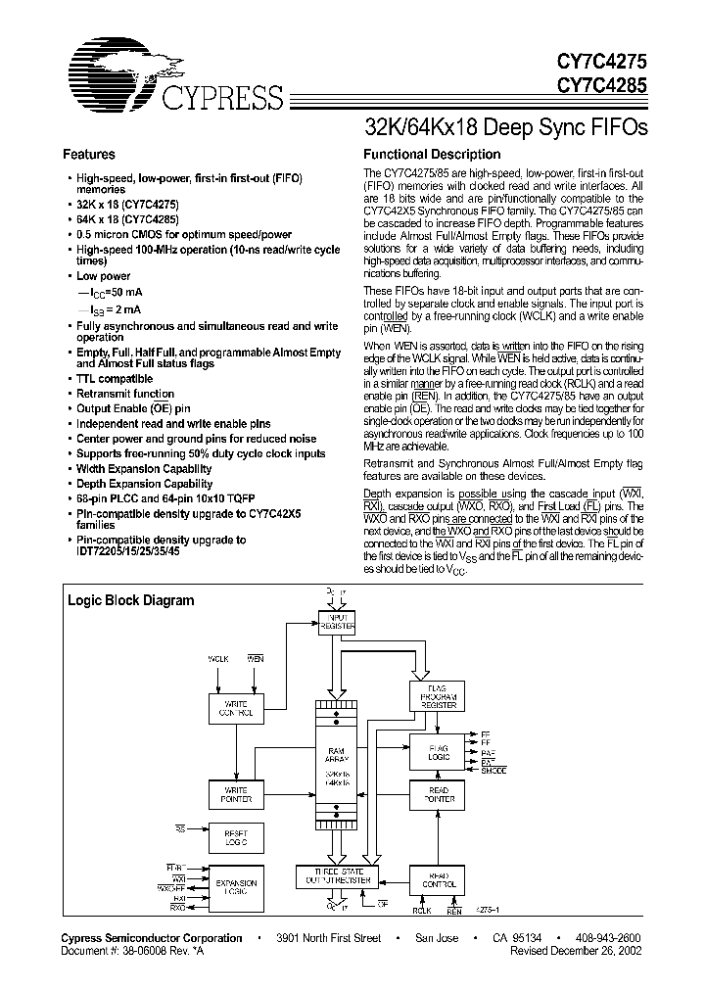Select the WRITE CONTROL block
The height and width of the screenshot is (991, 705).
tap(236, 710)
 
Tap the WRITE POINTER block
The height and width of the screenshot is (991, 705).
tap(236, 795)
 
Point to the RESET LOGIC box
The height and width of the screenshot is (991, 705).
tap(236, 837)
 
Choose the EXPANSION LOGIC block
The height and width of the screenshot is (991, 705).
tap(236, 887)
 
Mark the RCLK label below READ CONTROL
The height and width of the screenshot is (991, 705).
tap(422, 911)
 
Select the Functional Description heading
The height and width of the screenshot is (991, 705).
tap(432, 154)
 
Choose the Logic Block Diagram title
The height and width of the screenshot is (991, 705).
tap(129, 600)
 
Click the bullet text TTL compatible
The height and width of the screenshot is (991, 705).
tap(115, 379)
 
